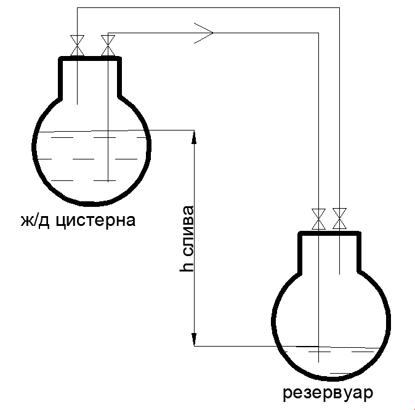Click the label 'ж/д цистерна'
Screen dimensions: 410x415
tap(86, 220)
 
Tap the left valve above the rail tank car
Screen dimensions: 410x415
tap(77, 46)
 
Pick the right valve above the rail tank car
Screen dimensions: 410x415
tap(108, 46)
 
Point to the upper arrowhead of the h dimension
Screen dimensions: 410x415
tap(194, 136)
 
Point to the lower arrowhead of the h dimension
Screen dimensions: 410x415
tap(194, 340)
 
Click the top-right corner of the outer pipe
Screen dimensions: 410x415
tap(339, 8)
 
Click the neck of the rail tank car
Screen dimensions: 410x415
tap(90, 77)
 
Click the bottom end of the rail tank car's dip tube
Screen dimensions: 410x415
tap(108, 180)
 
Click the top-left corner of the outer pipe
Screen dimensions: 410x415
tap(77, 8)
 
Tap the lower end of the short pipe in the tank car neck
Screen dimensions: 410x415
tap(77, 103)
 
